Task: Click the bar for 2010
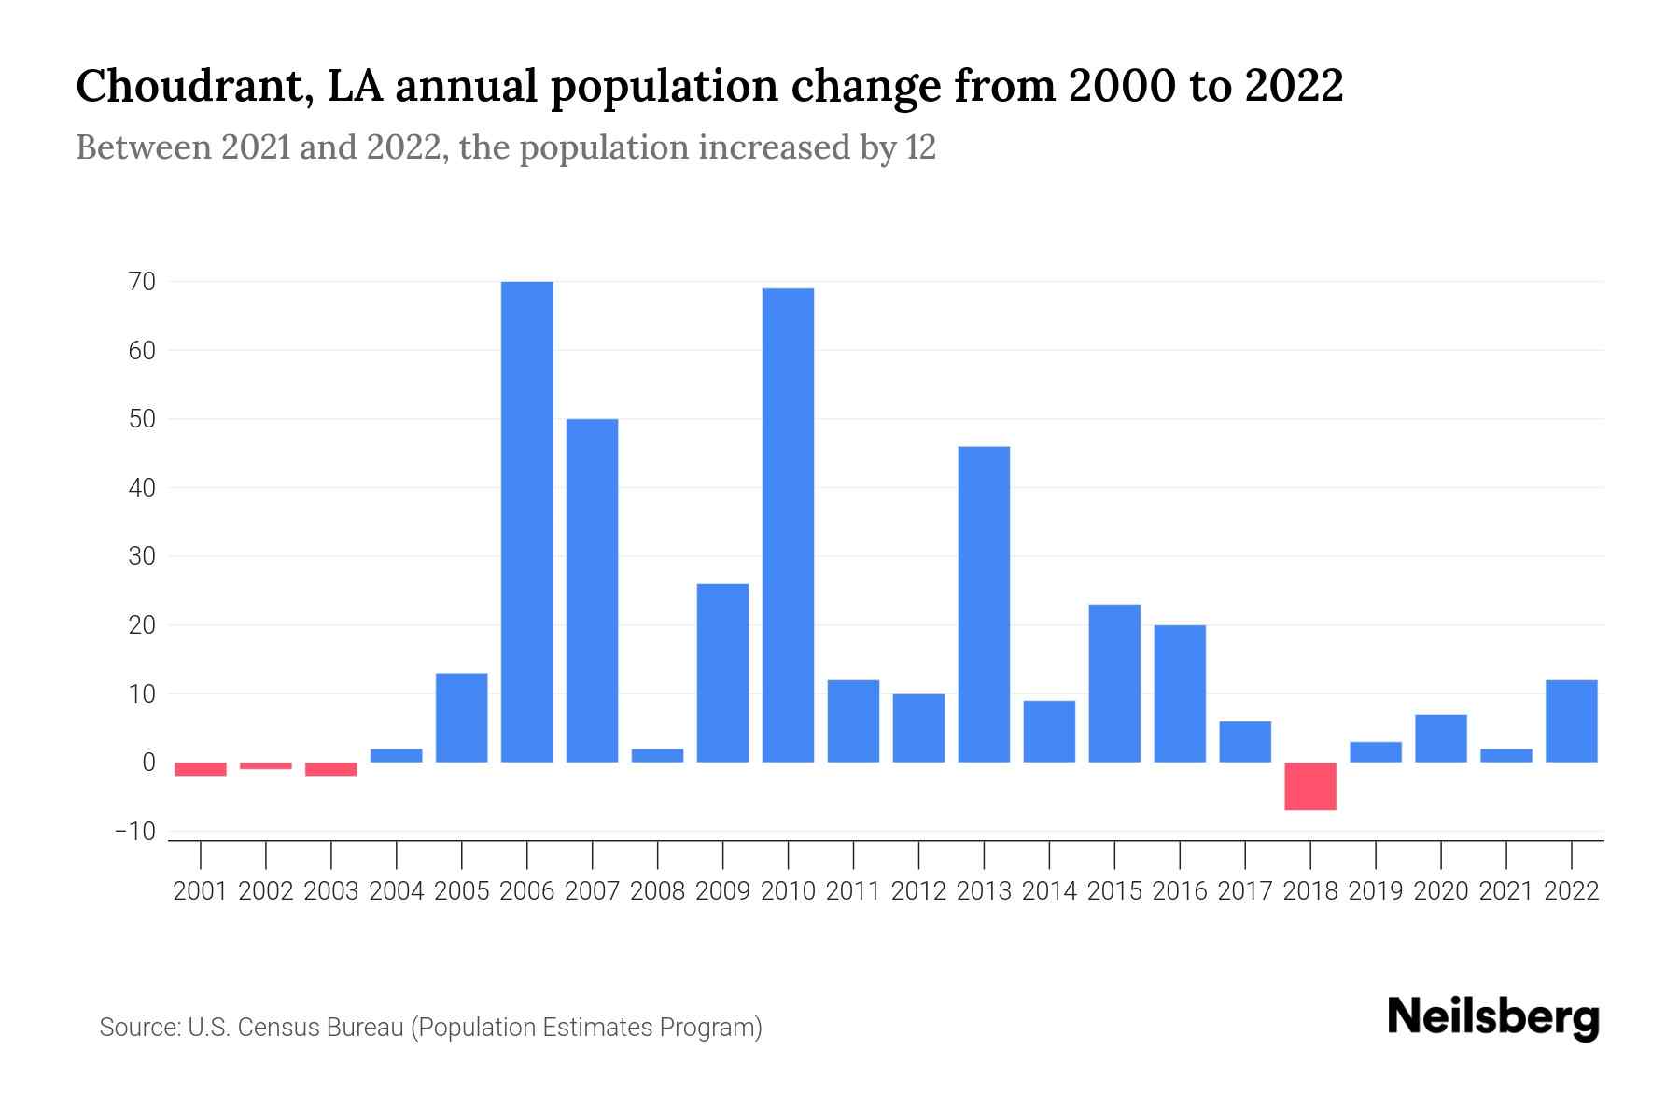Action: [788, 525]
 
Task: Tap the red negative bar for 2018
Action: [1310, 786]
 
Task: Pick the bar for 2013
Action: [984, 604]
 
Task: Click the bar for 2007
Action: [592, 590]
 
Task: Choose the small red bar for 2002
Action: [266, 765]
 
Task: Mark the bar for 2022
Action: [1572, 721]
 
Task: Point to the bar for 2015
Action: [1114, 683]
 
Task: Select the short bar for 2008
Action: [657, 755]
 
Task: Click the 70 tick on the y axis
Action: [142, 281]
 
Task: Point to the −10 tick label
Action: [134, 831]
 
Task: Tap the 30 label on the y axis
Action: [142, 556]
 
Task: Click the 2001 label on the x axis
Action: [201, 891]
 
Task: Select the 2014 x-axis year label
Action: [1049, 891]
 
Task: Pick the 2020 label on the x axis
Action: [1441, 891]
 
